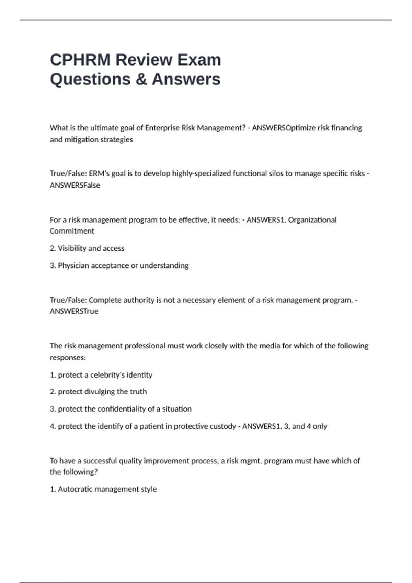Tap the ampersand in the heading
[x=141, y=79]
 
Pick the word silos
[x=275, y=174]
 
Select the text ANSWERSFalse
[x=75, y=185]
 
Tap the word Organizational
[x=312, y=220]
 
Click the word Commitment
[x=72, y=231]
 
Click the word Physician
[x=73, y=265]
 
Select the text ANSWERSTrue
[x=74, y=311]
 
